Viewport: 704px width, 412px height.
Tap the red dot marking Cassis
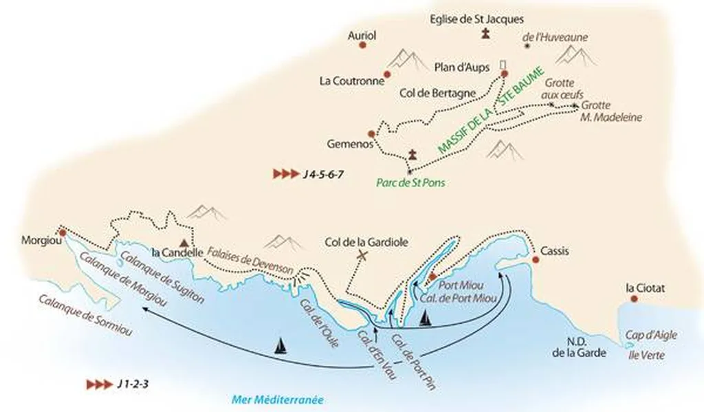pos(536,259)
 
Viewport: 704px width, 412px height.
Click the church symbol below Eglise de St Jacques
pos(486,34)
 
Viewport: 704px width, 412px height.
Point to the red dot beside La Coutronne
pos(387,74)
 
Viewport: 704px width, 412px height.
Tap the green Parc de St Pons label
pos(405,184)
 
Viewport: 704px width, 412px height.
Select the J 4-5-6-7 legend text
pos(320,174)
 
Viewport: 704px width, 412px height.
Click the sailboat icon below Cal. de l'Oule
pos(280,345)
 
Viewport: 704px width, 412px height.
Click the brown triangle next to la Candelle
pos(184,242)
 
